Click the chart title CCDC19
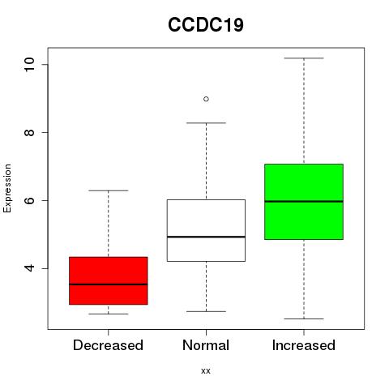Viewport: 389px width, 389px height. point(206,25)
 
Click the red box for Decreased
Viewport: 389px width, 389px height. point(109,280)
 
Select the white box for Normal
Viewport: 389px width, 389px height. point(206,230)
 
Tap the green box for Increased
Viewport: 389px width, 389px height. point(304,202)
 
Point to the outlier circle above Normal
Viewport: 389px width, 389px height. point(206,99)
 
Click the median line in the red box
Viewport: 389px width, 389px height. point(109,284)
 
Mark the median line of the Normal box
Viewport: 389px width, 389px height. point(206,237)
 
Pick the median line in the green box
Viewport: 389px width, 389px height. point(304,202)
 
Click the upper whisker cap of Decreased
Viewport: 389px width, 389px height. point(109,190)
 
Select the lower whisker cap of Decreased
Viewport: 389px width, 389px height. point(109,314)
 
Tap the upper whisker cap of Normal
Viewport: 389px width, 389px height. point(206,123)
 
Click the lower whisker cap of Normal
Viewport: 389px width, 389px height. point(206,311)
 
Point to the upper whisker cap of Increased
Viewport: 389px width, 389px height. point(304,58)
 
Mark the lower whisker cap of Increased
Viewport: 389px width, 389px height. point(304,318)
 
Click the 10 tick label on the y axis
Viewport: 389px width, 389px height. point(29,64)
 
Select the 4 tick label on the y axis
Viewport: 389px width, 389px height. point(30,268)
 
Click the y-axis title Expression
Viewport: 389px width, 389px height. point(7,188)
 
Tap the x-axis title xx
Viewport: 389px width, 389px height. point(206,371)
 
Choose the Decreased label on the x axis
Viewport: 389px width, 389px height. point(108,345)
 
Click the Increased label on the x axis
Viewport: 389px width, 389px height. point(304,345)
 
